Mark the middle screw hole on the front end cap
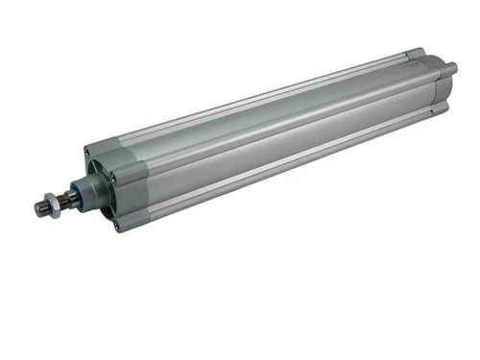point(111,179)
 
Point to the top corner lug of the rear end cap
point(414,54)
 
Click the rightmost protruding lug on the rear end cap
point(451,69)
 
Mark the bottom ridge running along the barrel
point(288,174)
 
